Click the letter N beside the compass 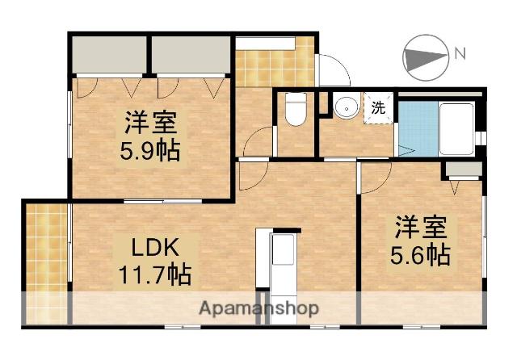[x=460, y=55]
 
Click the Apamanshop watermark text [x=258, y=308]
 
